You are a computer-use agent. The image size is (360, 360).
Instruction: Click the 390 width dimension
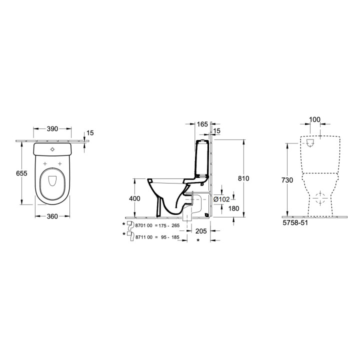[52, 129]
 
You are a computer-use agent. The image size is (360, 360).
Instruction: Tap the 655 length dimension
[21, 173]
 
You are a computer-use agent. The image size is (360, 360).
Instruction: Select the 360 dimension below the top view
[52, 216]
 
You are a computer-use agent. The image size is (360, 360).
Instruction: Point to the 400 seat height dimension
[134, 198]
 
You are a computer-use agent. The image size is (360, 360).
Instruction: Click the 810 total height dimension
[243, 178]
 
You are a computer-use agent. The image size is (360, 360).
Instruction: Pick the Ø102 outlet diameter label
[221, 199]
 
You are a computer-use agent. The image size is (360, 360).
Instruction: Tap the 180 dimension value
[233, 208]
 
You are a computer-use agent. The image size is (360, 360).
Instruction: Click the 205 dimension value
[201, 231]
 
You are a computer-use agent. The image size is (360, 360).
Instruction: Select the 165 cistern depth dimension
[202, 124]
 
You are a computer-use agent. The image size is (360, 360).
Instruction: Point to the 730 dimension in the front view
[287, 180]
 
